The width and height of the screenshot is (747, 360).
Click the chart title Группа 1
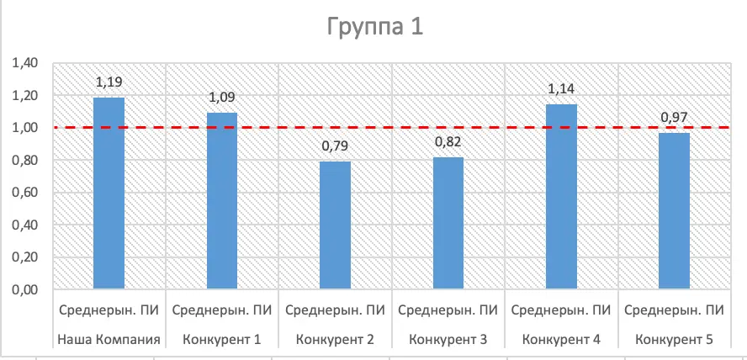pyautogui.click(x=374, y=27)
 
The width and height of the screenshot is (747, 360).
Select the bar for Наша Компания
pyautogui.click(x=109, y=193)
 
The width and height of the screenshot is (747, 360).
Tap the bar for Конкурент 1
pyautogui.click(x=222, y=201)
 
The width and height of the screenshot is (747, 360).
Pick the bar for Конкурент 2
pyautogui.click(x=335, y=225)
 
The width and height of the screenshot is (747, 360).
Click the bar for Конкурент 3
pyautogui.click(x=448, y=223)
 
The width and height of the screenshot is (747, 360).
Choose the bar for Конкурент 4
pyautogui.click(x=561, y=197)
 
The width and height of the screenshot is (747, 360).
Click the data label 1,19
pyautogui.click(x=109, y=82)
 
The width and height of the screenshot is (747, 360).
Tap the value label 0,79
pyautogui.click(x=335, y=146)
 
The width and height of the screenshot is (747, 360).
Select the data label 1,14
pyautogui.click(x=561, y=89)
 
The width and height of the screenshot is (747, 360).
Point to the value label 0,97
pyautogui.click(x=675, y=118)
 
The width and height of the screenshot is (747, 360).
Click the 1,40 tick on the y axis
pyautogui.click(x=25, y=63)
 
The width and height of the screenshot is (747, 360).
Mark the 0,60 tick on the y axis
pyautogui.click(x=25, y=193)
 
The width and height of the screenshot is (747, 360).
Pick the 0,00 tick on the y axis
pyautogui.click(x=25, y=290)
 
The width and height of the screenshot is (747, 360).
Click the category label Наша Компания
pyautogui.click(x=109, y=340)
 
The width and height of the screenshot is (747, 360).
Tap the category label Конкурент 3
pyautogui.click(x=448, y=340)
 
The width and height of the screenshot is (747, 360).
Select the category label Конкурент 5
pyautogui.click(x=675, y=340)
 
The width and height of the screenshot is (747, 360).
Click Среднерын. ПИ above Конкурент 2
pyautogui.click(x=335, y=310)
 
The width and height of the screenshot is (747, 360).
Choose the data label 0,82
pyautogui.click(x=448, y=142)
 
